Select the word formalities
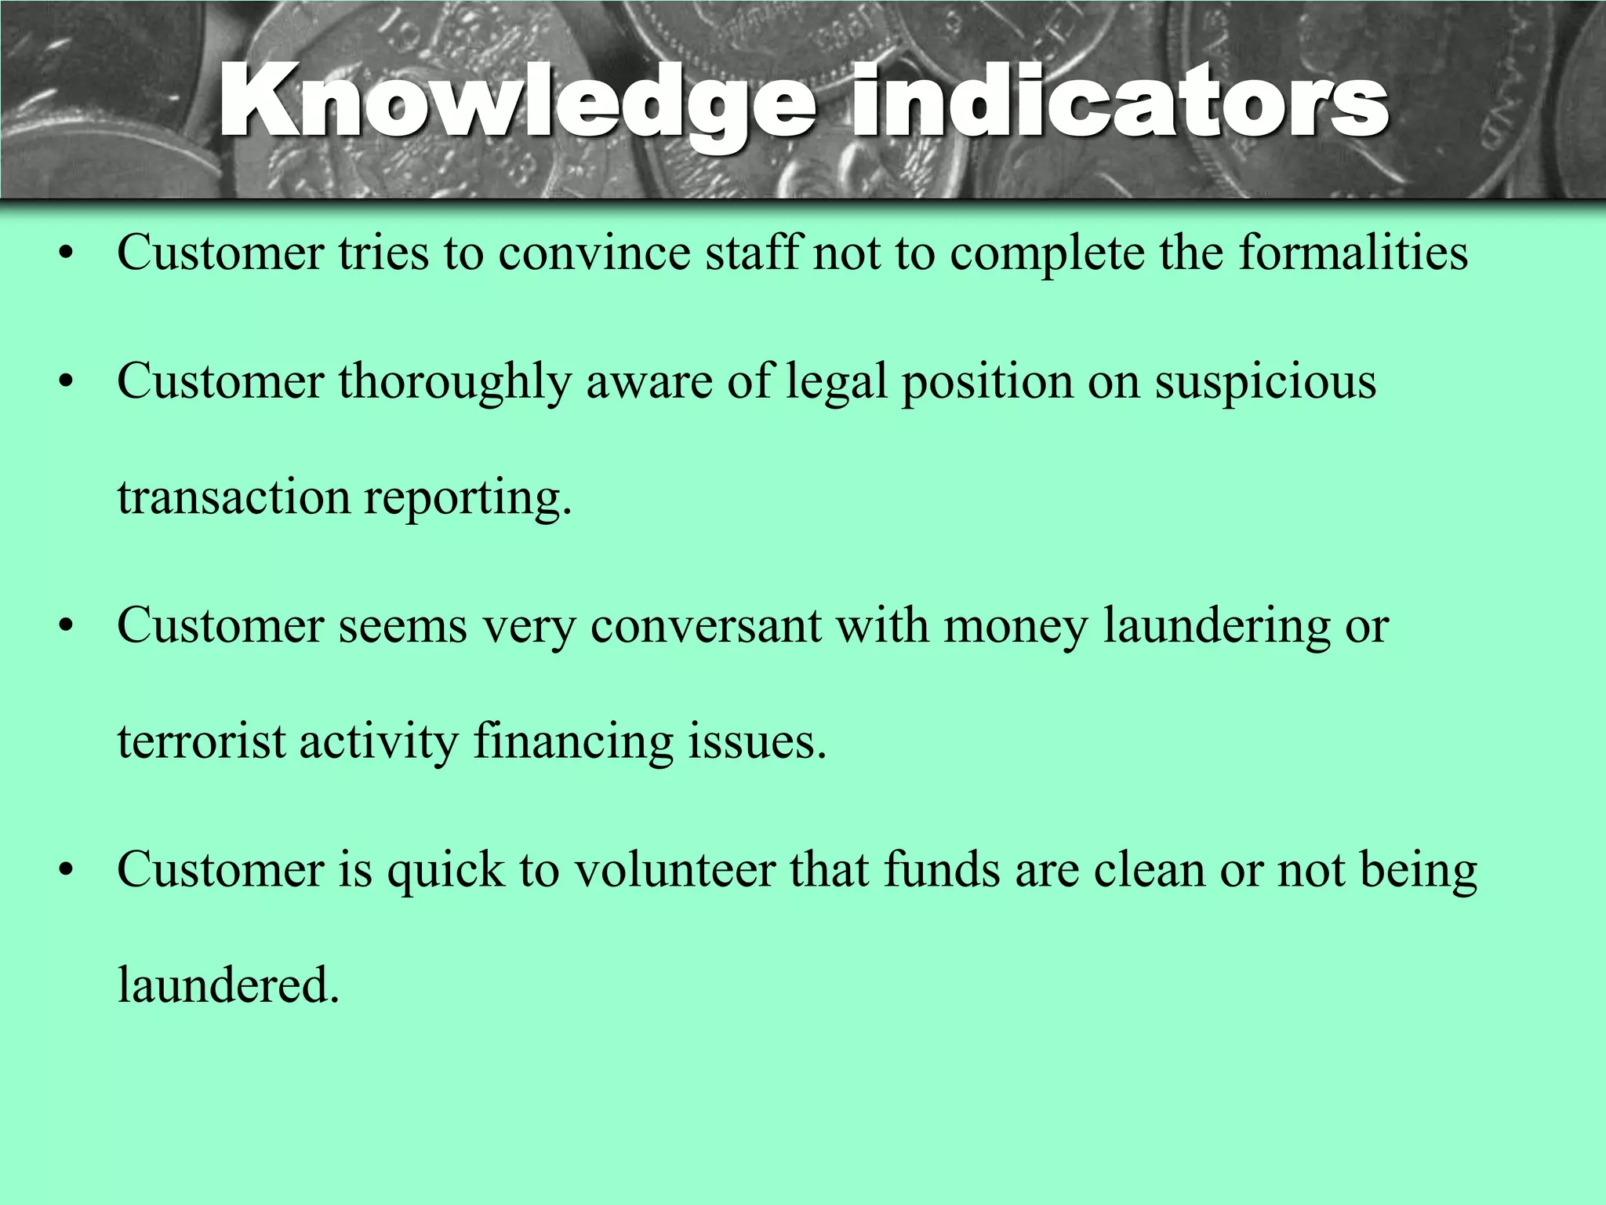click(x=1353, y=253)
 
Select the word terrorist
click(x=202, y=741)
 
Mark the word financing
click(x=573, y=743)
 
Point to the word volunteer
click(x=674, y=870)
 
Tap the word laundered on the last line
click(x=227, y=985)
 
